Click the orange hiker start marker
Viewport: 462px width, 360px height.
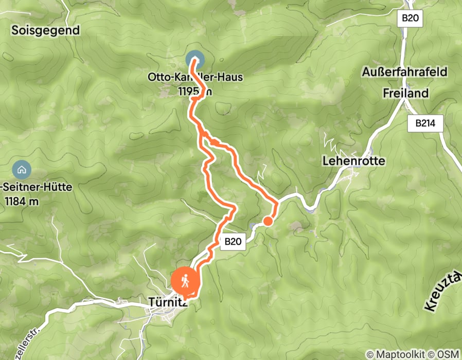click(x=184, y=281)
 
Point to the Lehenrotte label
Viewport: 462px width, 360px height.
click(x=353, y=161)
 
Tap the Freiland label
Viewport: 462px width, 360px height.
click(x=405, y=93)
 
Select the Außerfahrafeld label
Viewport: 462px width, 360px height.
click(x=404, y=71)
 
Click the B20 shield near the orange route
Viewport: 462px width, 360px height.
click(x=234, y=241)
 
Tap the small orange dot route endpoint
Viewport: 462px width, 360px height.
click(x=268, y=221)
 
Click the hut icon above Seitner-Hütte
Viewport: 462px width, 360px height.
click(x=21, y=169)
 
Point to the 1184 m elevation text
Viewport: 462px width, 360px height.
click(x=21, y=201)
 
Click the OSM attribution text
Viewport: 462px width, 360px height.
click(x=447, y=354)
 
